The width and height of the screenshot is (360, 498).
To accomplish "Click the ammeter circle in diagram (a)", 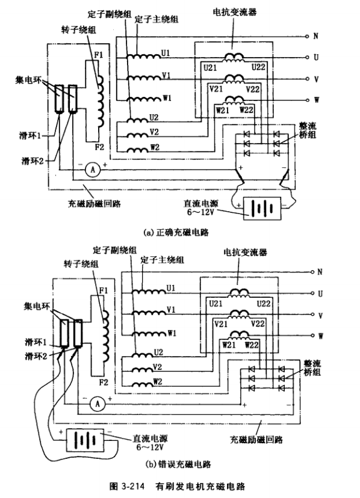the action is [93, 170].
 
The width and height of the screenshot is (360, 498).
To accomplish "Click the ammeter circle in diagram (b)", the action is [98, 404].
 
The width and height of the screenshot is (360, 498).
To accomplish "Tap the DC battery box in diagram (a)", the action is [262, 208].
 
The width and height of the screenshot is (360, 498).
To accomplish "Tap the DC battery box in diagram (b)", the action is [85, 440].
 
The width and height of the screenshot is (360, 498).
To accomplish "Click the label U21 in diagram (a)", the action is [210, 67].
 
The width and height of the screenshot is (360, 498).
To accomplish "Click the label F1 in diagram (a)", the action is [99, 55].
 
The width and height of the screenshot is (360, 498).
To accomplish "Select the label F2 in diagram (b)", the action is [104, 383].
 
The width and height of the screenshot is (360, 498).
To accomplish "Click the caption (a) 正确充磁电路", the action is [176, 233].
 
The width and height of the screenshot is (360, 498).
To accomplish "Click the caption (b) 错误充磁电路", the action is [178, 464].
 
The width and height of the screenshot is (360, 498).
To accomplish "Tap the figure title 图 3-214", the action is [126, 487].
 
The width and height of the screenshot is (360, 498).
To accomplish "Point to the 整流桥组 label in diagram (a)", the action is [308, 131].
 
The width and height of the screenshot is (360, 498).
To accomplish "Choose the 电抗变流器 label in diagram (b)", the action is [245, 253].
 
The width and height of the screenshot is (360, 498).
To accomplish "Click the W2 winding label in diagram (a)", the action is [155, 147].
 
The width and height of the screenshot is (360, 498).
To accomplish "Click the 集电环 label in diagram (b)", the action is [37, 307].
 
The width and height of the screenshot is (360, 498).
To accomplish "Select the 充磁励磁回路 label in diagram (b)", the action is [256, 440].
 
